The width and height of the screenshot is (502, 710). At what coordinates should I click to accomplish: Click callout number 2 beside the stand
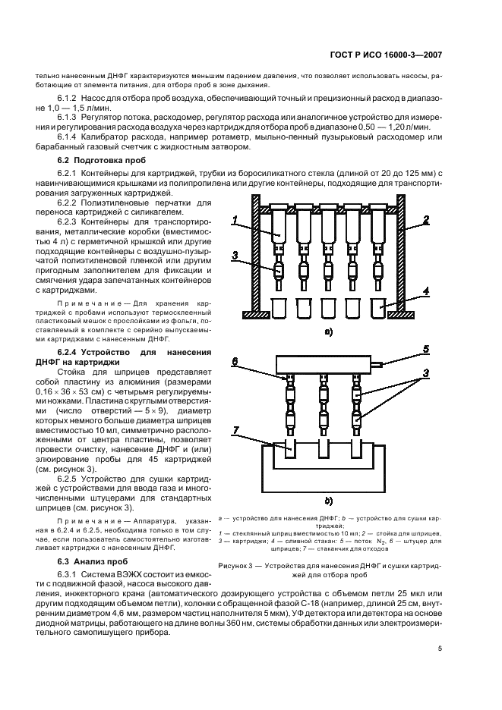click(427, 219)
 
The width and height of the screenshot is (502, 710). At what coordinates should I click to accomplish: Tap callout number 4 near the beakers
click(427, 291)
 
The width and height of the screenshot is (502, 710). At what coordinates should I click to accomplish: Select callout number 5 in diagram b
click(427, 350)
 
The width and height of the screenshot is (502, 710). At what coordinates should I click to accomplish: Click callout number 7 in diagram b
click(236, 431)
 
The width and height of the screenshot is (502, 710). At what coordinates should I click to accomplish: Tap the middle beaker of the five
click(329, 308)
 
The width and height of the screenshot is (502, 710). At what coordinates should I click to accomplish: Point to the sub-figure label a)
click(328, 331)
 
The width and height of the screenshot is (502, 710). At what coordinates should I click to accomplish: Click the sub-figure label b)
click(328, 501)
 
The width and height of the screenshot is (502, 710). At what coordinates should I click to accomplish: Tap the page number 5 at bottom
click(440, 648)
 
